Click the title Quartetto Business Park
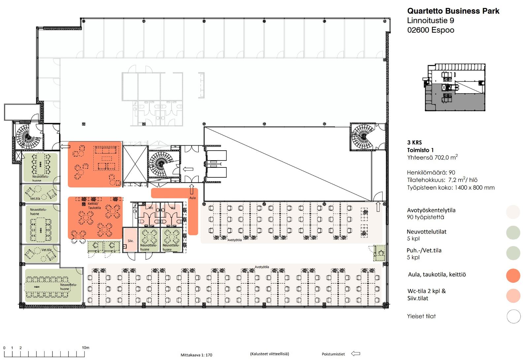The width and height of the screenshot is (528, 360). point(453,11)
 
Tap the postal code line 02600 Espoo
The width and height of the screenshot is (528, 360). point(431,30)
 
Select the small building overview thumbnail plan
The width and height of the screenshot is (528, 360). point(454,88)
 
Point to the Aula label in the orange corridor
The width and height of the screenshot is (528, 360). point(192,198)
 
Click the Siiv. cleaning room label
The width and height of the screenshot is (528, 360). point(130,241)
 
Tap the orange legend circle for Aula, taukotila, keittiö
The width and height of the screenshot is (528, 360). point(513,275)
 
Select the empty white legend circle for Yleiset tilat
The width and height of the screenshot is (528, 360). point(513,316)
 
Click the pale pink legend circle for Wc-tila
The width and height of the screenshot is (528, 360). point(513,296)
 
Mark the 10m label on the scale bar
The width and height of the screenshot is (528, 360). point(85,347)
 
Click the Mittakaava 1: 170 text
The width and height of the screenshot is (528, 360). point(196,355)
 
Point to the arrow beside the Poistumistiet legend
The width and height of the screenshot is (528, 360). point(355,354)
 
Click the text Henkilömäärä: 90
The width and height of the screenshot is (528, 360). point(431,172)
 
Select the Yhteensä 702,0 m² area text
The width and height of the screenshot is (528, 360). point(432,158)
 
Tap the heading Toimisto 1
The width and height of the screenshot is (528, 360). point(420,150)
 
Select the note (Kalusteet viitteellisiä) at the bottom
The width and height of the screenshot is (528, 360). point(269,354)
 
